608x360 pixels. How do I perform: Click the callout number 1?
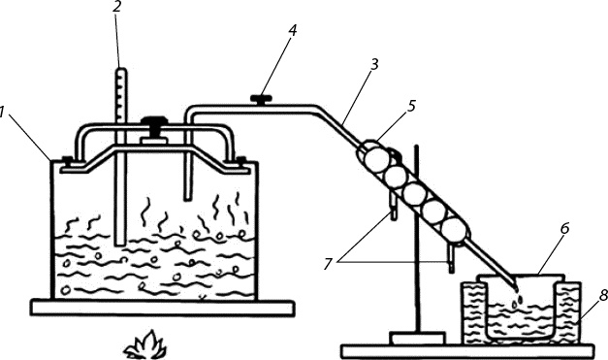tap(2, 113)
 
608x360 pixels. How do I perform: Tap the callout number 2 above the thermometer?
tap(117, 7)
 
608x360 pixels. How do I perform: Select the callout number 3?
tap(373, 65)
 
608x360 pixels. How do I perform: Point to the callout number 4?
tap(293, 31)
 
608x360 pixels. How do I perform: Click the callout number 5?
tap(411, 106)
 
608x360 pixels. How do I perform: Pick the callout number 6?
tap(564, 228)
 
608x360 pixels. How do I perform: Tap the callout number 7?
tap(328, 265)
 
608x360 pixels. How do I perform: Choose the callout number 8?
tap(603, 296)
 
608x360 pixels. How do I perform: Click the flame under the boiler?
tap(144, 344)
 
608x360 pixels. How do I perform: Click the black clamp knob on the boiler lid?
tap(154, 125)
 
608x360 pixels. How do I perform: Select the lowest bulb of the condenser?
tap(453, 229)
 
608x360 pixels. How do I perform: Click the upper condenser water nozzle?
tap(393, 207)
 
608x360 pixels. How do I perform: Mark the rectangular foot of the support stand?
tap(418, 338)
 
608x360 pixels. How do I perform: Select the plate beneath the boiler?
tap(163, 308)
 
